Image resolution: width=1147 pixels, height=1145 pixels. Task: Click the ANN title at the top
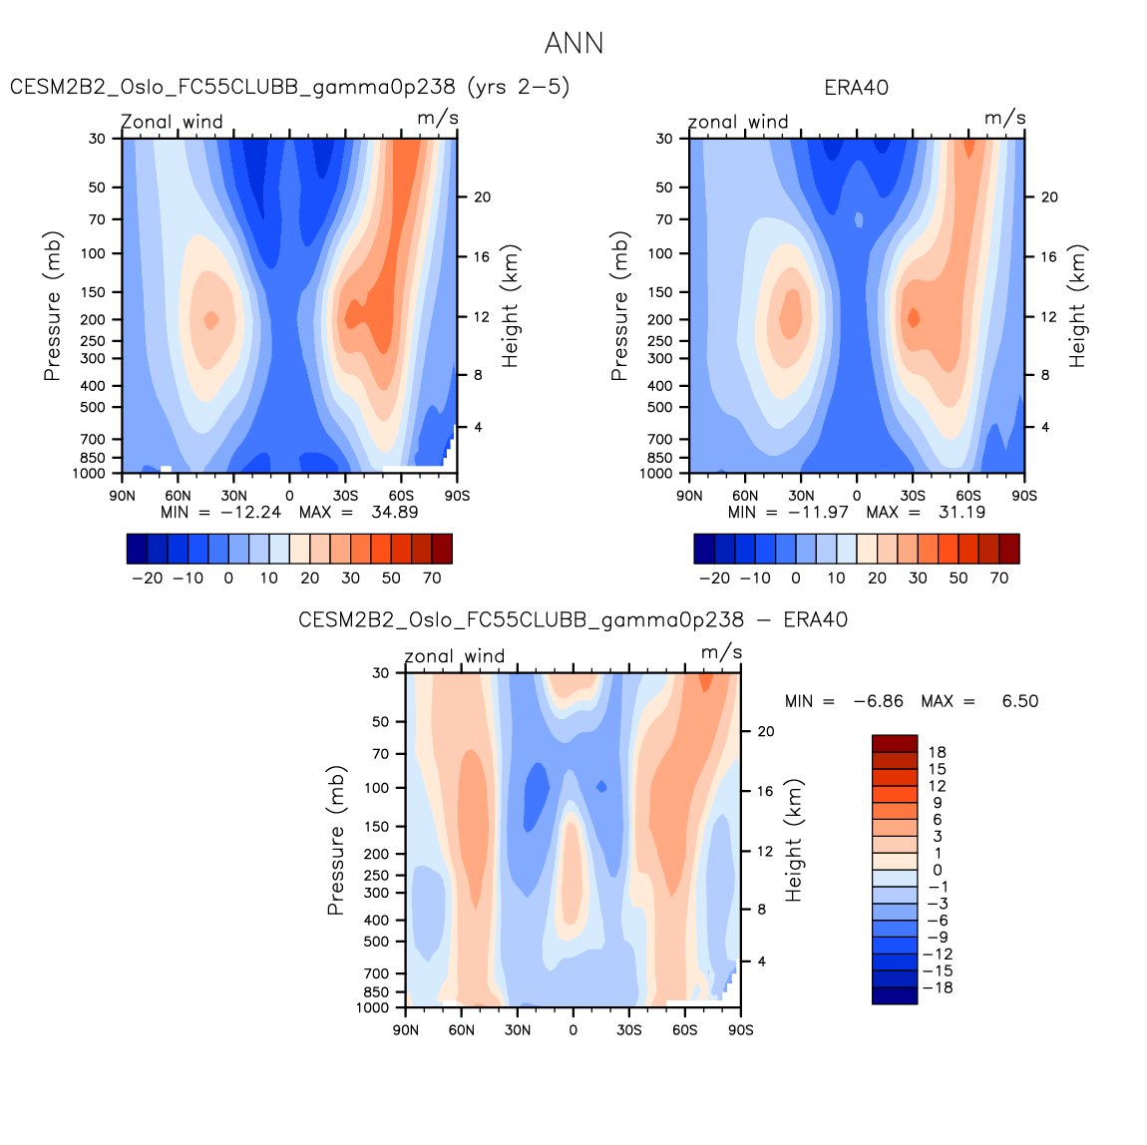573,44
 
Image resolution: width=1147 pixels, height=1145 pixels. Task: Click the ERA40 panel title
856,88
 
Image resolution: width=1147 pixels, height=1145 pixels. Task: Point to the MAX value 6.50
1019,701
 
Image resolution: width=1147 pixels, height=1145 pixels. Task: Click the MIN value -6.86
878,701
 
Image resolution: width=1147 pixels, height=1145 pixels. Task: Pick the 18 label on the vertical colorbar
937,752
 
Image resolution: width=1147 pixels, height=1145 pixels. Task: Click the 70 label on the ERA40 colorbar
998,577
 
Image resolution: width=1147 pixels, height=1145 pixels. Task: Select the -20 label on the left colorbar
147,577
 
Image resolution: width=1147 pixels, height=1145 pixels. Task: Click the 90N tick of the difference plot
406,1029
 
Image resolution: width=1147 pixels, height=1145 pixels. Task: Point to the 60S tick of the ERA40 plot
968,495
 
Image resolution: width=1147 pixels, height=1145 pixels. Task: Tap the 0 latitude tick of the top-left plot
289,495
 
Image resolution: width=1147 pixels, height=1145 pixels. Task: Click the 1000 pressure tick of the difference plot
373,1007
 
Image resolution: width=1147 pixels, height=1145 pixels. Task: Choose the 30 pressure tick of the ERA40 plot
664,139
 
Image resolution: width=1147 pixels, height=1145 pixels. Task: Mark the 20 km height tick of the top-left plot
482,197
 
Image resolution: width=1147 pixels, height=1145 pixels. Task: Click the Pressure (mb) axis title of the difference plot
336,840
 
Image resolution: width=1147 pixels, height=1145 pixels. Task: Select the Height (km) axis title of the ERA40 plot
1077,305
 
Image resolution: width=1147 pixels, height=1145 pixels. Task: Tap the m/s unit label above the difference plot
721,652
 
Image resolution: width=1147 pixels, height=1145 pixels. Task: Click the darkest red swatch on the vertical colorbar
895,743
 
